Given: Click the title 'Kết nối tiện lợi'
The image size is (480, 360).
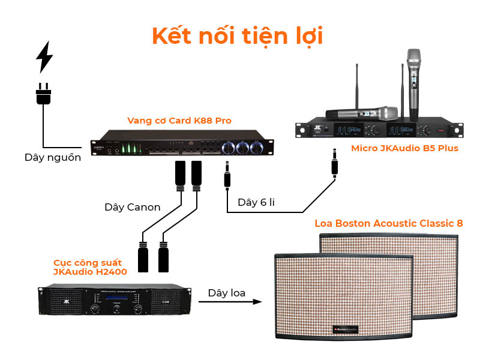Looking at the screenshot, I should pos(238,35).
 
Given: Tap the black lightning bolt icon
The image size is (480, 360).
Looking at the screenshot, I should pos(44,57).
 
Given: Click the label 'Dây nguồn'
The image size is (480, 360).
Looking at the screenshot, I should pos(53,158).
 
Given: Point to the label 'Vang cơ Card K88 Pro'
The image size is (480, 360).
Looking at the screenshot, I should pos(179,121).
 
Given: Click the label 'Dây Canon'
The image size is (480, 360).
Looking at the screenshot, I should pos(132,207).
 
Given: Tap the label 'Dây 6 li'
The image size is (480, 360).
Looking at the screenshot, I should pos(256,202).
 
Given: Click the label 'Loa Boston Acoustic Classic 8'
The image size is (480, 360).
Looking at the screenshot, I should pos(389,223).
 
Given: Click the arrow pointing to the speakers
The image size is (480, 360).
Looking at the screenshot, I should pos(230,302).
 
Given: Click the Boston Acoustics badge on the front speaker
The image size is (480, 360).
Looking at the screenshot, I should pos(346,329).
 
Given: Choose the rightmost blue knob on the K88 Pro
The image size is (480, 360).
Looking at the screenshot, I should pos(260,148).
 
